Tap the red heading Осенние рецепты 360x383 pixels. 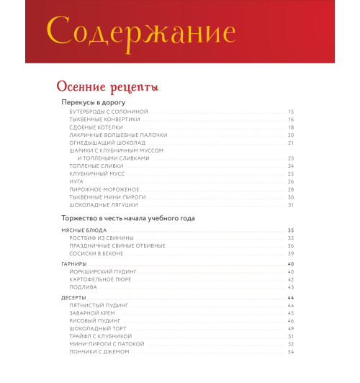[107, 87]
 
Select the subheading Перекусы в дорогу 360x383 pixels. [98, 102]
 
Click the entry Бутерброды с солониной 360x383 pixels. [108, 112]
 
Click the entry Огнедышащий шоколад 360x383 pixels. [107, 143]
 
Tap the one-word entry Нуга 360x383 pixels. [76, 181]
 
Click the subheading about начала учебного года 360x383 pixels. [128, 217]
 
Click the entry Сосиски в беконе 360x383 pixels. [96, 253]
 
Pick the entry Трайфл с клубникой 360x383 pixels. [101, 336]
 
